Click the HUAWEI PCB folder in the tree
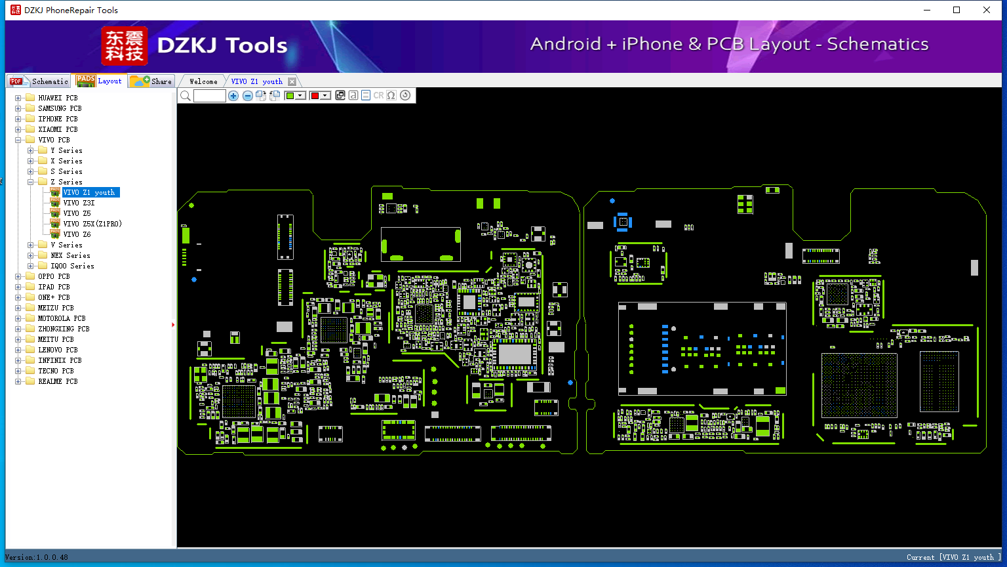[x=57, y=98]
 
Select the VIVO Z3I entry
[x=79, y=203]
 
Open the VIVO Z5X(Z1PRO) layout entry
[x=92, y=224]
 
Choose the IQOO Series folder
[x=72, y=266]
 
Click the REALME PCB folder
[x=57, y=381]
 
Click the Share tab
[x=161, y=81]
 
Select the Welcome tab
[x=203, y=81]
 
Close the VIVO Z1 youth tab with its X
[x=292, y=81]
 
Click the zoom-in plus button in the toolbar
[x=233, y=96]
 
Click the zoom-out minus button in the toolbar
[x=248, y=96]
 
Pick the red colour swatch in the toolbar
[x=315, y=96]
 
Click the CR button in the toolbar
[x=378, y=96]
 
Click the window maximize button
[x=957, y=10]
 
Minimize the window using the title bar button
[x=927, y=10]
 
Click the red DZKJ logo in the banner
[x=124, y=46]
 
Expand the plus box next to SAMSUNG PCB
[x=18, y=108]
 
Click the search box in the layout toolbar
[x=210, y=96]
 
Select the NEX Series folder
[x=70, y=255]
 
